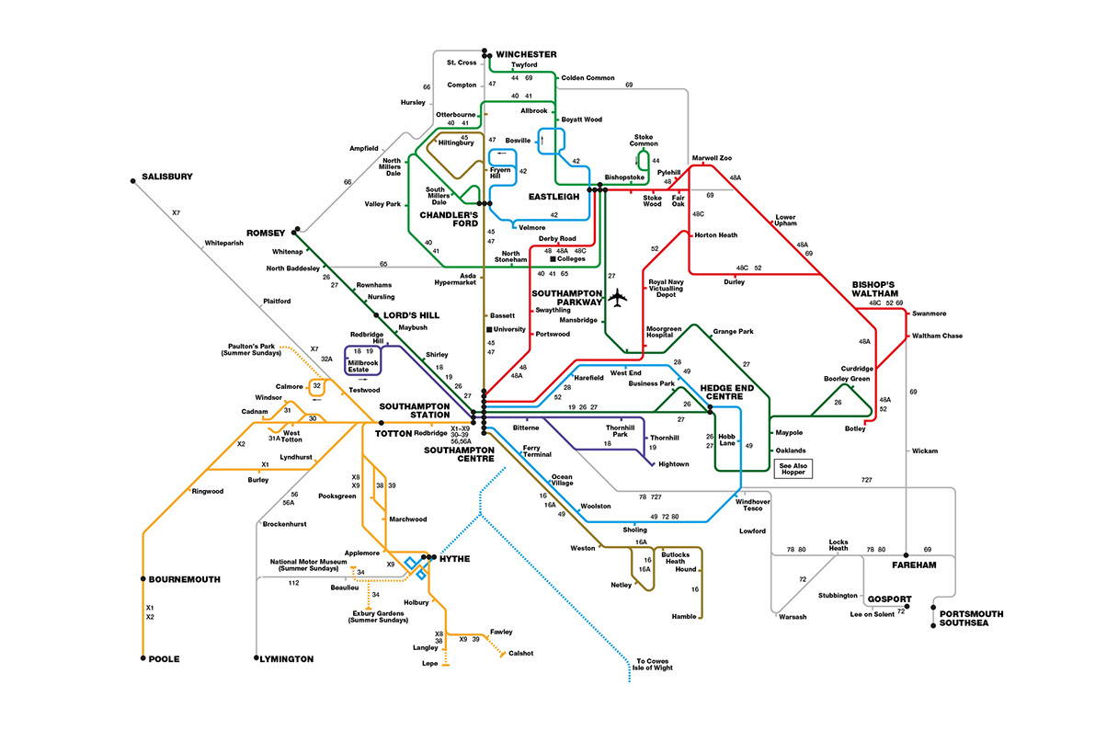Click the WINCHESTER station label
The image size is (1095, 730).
[x=527, y=54]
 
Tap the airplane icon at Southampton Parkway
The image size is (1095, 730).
[x=618, y=299]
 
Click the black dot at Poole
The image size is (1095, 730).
[x=143, y=659]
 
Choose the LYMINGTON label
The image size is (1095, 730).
[x=288, y=659]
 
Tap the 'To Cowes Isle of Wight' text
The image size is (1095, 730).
[x=655, y=664]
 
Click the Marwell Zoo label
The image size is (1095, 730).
[x=712, y=158]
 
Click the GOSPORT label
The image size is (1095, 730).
[x=888, y=599]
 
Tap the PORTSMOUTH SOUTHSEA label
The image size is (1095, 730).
[x=972, y=619]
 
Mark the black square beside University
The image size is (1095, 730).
[x=490, y=329]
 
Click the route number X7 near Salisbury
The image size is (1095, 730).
[x=177, y=213]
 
